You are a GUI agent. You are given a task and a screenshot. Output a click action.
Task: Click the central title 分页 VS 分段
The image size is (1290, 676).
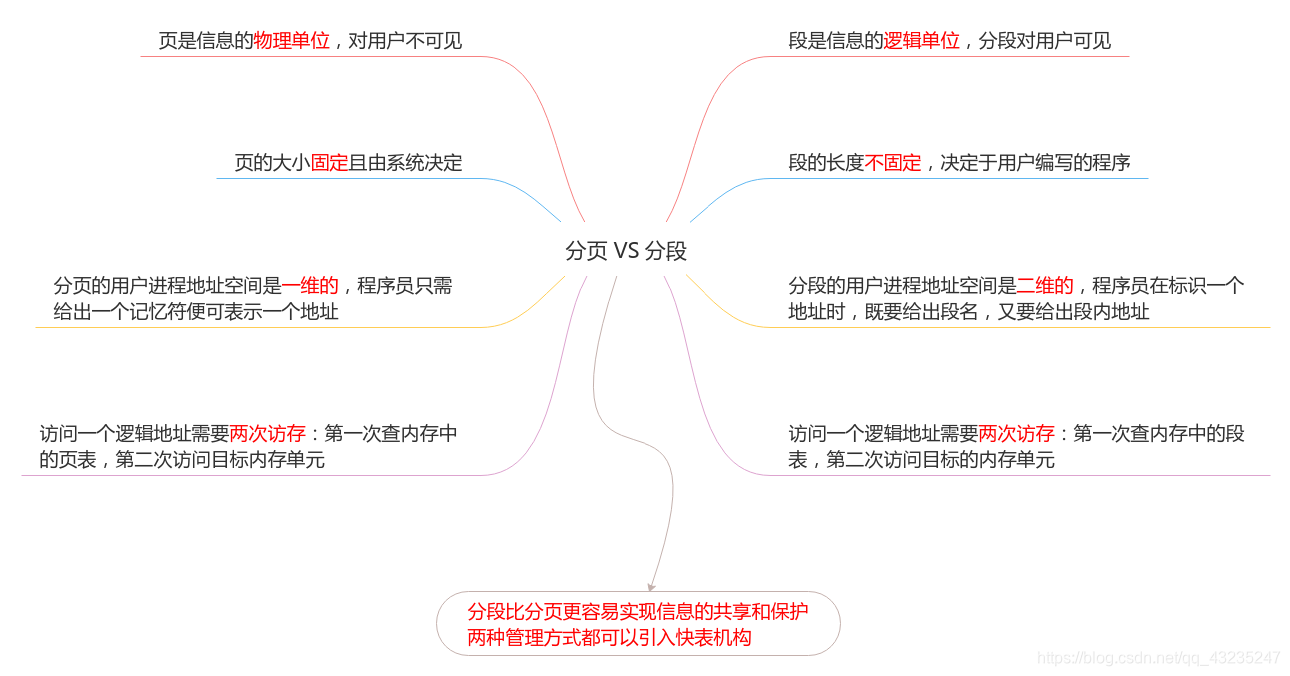[626, 251]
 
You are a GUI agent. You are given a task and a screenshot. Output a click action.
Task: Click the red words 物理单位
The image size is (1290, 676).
[291, 41]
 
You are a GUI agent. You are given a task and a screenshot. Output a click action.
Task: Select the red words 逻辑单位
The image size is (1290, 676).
[921, 41]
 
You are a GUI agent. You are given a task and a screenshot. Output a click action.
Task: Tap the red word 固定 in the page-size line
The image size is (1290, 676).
[329, 163]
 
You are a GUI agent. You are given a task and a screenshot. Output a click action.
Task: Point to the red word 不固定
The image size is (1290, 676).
[893, 163]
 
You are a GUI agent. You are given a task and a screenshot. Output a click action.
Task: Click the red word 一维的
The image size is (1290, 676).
[310, 286]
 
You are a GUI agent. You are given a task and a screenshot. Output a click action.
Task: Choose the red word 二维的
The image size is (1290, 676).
[1045, 286]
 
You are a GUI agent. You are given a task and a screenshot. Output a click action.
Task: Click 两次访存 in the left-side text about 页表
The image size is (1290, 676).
[267, 434]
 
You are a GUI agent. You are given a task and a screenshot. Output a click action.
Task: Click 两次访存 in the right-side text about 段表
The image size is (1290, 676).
[1016, 434]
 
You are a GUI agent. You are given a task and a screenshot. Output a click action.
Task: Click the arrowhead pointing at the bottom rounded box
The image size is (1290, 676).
[652, 586]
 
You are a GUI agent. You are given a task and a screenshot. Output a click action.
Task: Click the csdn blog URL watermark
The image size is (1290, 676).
[1158, 658]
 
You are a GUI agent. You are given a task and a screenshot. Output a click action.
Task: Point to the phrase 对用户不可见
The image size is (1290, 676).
[405, 41]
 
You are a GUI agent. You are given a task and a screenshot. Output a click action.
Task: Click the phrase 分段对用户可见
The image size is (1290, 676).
[1045, 41]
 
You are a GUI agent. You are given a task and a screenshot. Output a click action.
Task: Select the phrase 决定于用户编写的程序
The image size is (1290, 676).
[1035, 163]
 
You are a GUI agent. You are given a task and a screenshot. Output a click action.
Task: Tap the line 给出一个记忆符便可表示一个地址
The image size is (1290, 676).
[196, 312]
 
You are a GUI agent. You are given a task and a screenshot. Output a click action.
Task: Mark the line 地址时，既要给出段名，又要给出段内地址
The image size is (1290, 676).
[968, 312]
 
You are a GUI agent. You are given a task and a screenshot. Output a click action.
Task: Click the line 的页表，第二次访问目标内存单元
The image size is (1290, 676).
[182, 460]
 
